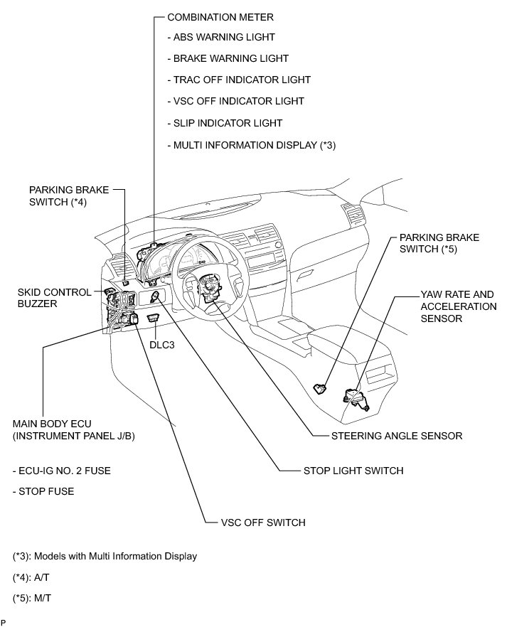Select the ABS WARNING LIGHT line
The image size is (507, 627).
[x=220, y=37]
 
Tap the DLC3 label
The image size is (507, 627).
[x=161, y=344]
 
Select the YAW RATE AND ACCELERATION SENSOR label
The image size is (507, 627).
[x=459, y=306]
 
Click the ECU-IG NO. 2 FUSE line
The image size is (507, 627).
[x=62, y=471]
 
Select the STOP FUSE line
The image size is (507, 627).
[x=43, y=491]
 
